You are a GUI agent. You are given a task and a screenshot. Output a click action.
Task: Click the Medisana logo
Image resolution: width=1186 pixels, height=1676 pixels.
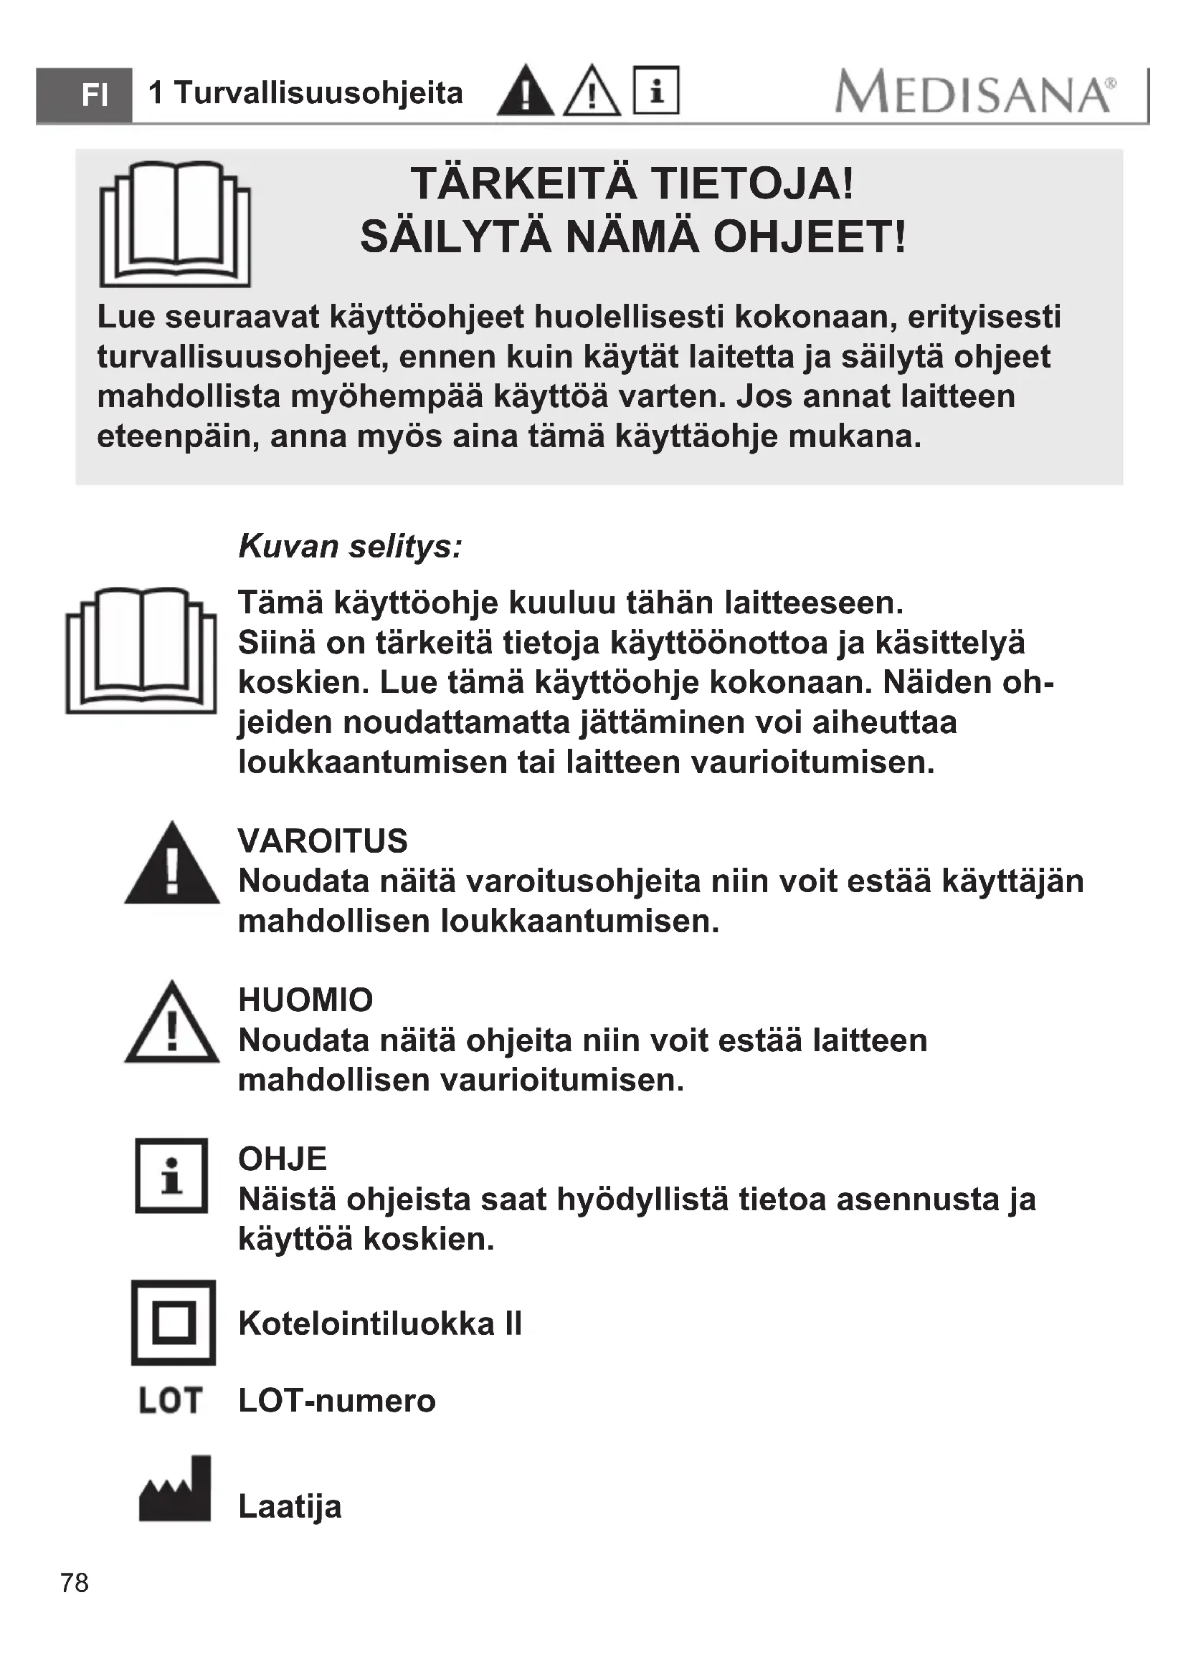tap(975, 92)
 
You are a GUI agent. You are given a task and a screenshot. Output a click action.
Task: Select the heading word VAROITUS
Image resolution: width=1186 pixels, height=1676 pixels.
tap(323, 841)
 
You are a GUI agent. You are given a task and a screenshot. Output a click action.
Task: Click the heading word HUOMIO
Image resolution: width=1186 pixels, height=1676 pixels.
tap(305, 1000)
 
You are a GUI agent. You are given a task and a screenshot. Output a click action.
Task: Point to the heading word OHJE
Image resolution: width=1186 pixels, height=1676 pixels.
tap(283, 1159)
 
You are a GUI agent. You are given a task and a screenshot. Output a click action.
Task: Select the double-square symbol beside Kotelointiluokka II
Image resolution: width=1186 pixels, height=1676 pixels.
tap(174, 1323)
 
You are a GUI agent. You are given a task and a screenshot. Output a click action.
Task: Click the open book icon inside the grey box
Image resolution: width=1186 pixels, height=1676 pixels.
tap(174, 224)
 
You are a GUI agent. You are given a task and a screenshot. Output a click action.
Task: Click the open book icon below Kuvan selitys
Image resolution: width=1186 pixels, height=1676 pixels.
tap(141, 650)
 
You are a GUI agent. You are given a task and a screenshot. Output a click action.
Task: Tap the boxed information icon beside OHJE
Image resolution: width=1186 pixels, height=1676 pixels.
tap(171, 1175)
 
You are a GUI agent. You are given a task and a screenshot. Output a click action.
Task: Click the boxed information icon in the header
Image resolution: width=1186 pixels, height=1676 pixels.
tap(656, 90)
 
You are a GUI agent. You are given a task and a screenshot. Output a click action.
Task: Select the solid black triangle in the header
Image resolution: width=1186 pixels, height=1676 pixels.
tap(525, 91)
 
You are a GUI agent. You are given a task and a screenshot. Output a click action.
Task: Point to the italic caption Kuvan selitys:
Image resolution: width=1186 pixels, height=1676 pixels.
tap(351, 546)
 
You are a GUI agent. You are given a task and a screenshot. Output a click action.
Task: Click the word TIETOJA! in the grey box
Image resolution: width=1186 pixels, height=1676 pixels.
tap(752, 183)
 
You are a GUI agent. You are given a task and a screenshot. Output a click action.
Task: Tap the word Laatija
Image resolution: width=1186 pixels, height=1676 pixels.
tap(290, 1507)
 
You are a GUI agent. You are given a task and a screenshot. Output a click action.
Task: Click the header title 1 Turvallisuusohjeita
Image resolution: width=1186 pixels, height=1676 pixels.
tap(305, 93)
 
